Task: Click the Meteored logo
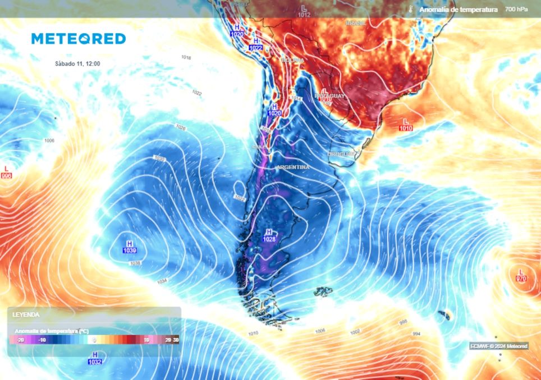click(x=78, y=39)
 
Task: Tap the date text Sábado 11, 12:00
click(x=77, y=64)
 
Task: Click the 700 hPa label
click(x=516, y=10)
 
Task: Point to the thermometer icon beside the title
click(x=411, y=10)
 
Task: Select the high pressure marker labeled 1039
click(x=129, y=247)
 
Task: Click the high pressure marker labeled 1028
click(x=269, y=235)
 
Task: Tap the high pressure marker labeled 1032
click(x=95, y=358)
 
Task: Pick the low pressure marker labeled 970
click(x=521, y=275)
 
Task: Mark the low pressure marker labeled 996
click(x=7, y=172)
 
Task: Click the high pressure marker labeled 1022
click(x=255, y=44)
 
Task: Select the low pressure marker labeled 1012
click(x=304, y=11)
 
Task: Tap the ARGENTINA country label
click(x=292, y=167)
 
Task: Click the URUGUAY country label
click(x=341, y=154)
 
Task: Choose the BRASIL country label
click(x=356, y=23)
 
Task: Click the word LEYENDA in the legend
click(x=25, y=315)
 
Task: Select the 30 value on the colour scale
click(x=176, y=340)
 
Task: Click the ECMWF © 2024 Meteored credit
click(x=498, y=346)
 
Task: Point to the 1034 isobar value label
click(x=162, y=281)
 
